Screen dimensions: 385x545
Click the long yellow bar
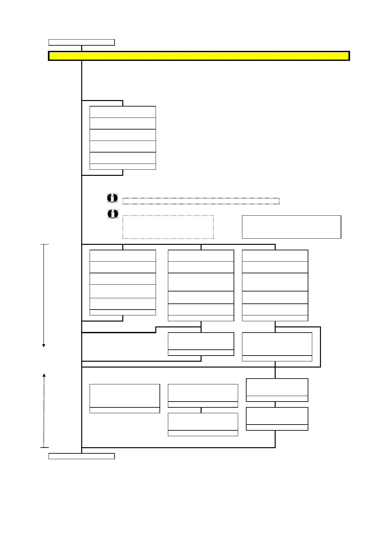click(x=199, y=56)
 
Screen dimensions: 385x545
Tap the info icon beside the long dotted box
click(x=112, y=198)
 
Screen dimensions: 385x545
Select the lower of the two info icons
click(x=113, y=214)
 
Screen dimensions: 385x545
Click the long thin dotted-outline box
click(x=201, y=201)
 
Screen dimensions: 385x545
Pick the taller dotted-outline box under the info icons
click(x=168, y=227)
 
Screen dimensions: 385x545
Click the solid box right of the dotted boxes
click(x=291, y=227)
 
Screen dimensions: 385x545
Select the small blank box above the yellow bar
click(x=82, y=42)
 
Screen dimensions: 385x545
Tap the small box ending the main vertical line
click(x=82, y=456)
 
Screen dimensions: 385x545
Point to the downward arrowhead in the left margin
click(x=44, y=346)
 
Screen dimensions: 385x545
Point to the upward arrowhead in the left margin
click(x=44, y=375)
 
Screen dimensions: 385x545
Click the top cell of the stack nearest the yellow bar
click(x=123, y=112)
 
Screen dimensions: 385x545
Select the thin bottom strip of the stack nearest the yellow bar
click(x=123, y=166)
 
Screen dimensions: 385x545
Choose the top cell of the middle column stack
click(x=201, y=255)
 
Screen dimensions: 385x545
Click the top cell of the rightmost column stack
click(x=275, y=255)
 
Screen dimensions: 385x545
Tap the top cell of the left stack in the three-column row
click(x=123, y=255)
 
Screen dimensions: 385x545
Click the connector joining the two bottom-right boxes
click(x=275, y=404)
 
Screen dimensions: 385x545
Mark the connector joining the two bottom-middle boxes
click(x=201, y=410)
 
